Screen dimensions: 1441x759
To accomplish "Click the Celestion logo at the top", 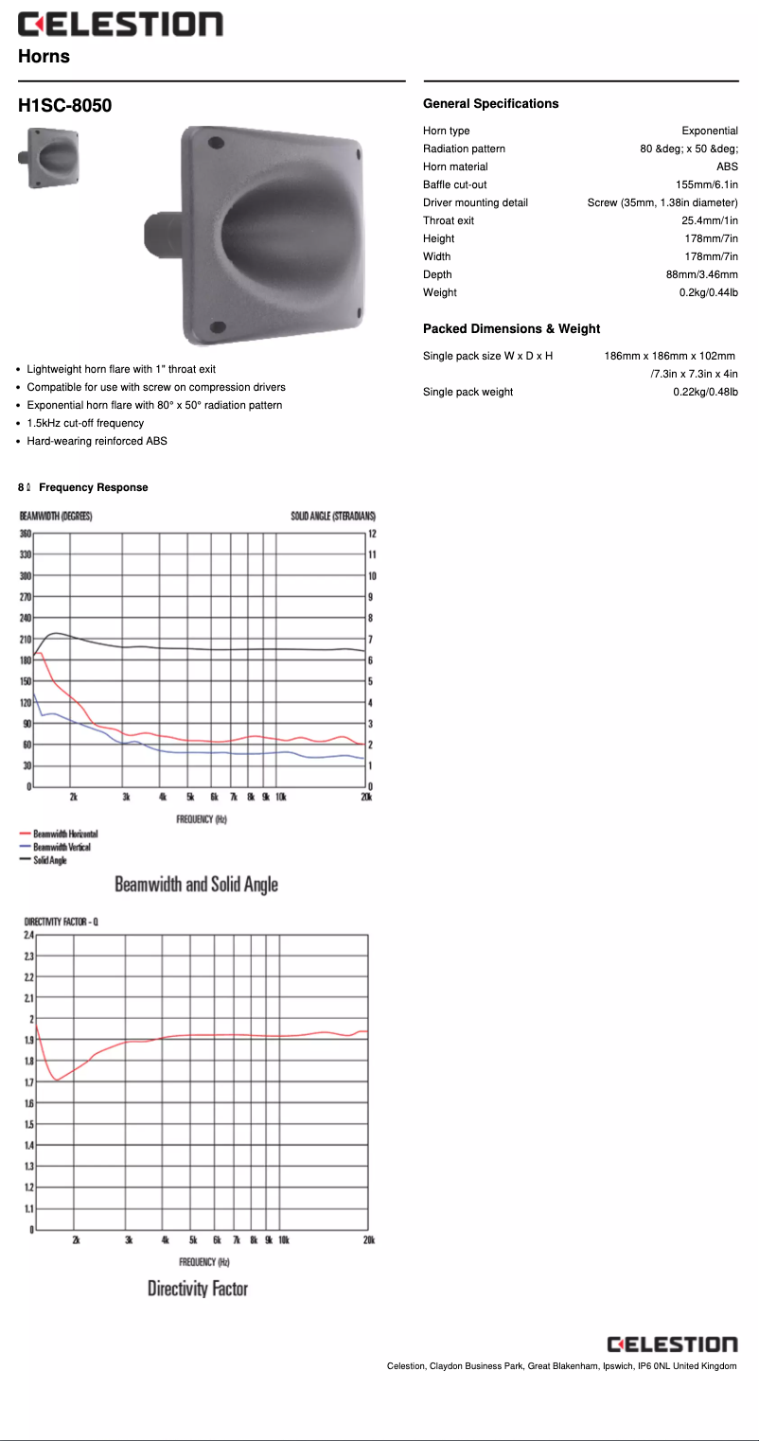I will click(x=120, y=25).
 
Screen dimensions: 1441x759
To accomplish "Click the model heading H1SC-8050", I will click(x=64, y=105).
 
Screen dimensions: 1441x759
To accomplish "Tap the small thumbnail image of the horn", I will click(x=48, y=158).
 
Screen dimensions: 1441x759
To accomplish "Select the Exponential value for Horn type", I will click(x=709, y=131).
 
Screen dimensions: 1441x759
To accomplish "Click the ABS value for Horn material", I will click(x=726, y=167).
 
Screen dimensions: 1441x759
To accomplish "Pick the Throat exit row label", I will click(x=449, y=220).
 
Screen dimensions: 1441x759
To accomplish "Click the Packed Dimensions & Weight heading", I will click(x=511, y=328).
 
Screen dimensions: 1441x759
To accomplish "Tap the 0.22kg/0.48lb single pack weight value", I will click(x=705, y=392).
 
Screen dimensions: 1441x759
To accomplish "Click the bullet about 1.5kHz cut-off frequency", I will click(x=85, y=423).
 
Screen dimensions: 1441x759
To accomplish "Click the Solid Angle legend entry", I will click(x=49, y=860).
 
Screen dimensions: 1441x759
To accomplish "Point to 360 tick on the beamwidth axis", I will click(x=26, y=534).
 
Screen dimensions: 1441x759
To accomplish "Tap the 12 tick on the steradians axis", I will click(x=372, y=534).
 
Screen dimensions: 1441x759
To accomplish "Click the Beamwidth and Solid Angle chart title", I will click(x=196, y=885).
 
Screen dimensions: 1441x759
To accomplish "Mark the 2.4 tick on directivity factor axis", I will click(x=27, y=935).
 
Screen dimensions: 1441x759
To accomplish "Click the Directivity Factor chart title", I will click(x=197, y=1289).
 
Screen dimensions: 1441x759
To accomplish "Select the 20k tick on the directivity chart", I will click(x=367, y=1239).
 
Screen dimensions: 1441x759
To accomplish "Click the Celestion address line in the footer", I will click(x=561, y=1365).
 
